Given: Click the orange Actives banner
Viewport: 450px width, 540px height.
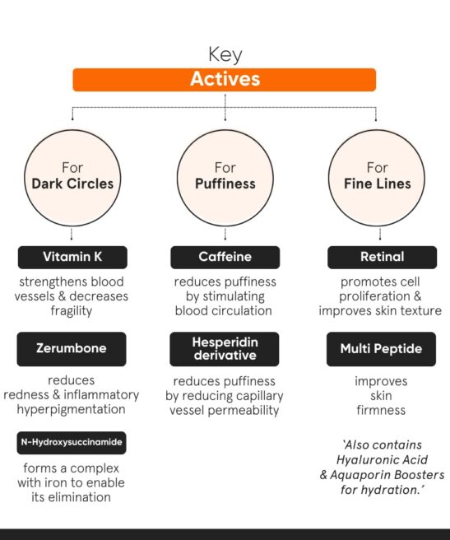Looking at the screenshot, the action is click(224, 80).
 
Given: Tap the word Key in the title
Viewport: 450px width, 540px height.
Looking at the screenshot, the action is click(225, 55).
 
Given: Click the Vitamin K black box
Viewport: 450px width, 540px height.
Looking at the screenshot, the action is click(72, 257).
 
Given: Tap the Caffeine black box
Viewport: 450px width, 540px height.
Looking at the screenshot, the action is click(225, 257).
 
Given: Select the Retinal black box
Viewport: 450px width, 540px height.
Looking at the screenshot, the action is click(383, 257).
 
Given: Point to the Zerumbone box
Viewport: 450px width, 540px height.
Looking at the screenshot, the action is click(72, 349).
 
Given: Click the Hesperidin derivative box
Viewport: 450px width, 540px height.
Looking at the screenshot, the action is click(225, 349).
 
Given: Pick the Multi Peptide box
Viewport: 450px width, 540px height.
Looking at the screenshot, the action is click(381, 349).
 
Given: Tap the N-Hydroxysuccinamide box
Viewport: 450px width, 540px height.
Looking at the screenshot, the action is click(72, 443).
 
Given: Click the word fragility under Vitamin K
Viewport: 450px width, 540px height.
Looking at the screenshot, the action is click(72, 311).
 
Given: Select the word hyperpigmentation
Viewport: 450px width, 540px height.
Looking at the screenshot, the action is click(72, 409).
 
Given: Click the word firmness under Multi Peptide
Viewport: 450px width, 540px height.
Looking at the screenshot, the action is click(381, 410).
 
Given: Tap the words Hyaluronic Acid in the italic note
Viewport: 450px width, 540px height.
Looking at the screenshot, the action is click(383, 460).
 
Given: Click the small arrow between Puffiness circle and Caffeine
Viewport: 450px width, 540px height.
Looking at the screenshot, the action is click(225, 234).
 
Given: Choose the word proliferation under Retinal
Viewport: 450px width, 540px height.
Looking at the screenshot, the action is click(374, 296).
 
